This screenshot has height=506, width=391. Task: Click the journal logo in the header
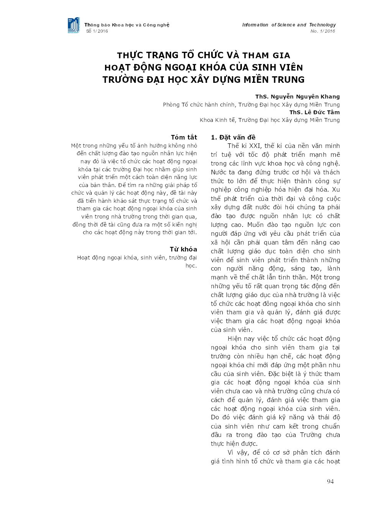click(x=74, y=25)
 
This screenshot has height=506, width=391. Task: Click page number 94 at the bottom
click(x=330, y=481)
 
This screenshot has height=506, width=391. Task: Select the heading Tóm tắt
click(x=184, y=137)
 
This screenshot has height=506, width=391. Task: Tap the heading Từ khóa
click(x=183, y=249)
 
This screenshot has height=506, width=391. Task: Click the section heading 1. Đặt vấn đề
click(x=233, y=137)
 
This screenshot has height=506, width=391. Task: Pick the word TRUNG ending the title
click(x=287, y=80)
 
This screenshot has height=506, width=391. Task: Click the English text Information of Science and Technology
click(x=289, y=25)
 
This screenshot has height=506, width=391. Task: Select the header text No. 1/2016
click(x=323, y=31)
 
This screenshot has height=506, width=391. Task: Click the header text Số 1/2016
click(x=97, y=31)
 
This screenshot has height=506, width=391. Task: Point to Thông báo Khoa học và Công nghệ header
click(x=127, y=25)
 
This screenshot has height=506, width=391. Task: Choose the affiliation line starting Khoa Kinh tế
click(x=269, y=120)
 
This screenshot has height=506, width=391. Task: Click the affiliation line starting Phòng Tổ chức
click(x=251, y=105)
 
